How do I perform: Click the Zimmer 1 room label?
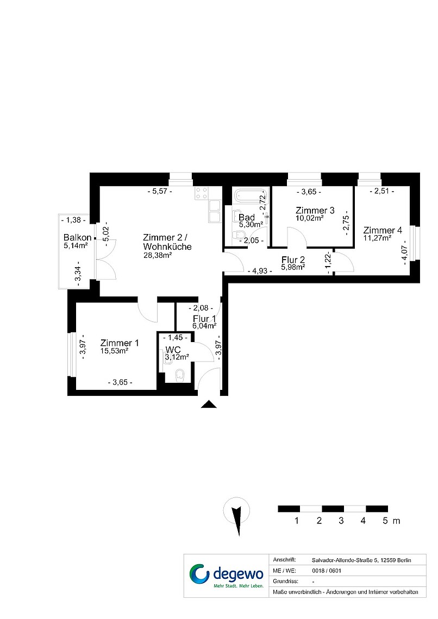[119, 343]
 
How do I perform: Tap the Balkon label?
[77, 237]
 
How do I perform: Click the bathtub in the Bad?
[250, 195]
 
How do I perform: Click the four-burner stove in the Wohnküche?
[202, 193]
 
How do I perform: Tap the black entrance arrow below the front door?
[209, 404]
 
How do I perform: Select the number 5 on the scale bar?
[385, 521]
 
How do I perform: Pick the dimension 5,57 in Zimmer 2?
[160, 192]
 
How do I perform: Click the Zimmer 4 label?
[383, 230]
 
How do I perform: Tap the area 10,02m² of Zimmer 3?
[310, 218]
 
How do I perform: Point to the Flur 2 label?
[293, 260]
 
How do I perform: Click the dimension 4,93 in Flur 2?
[260, 271]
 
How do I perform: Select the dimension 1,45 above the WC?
[175, 338]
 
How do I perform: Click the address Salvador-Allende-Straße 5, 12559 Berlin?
[361, 560]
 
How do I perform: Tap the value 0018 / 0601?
[327, 571]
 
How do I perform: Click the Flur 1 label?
[204, 319]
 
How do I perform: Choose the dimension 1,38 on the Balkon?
[74, 220]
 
